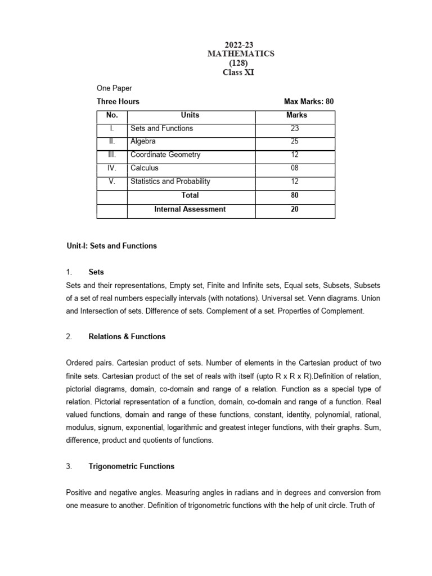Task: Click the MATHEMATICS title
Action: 240,53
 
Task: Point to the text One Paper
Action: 114,88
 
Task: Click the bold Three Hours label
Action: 118,102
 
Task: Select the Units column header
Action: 190,115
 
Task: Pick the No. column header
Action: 112,115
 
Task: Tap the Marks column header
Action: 296,115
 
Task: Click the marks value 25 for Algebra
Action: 295,142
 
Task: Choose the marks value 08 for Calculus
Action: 295,168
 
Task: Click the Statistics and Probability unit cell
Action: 170,182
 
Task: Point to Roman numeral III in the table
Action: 112,155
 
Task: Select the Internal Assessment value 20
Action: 295,209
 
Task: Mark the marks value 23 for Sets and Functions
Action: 295,128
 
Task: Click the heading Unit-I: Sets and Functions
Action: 111,246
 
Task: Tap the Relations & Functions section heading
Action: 127,337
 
